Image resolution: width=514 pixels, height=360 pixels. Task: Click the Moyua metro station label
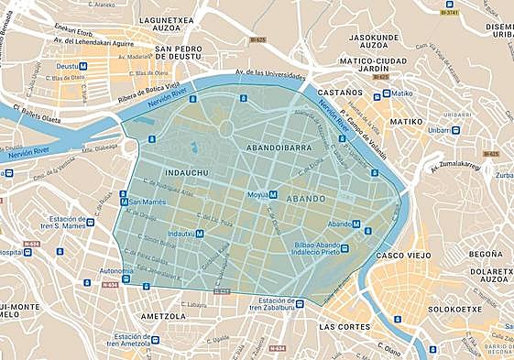256,195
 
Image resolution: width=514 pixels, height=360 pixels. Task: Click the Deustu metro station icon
83,67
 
